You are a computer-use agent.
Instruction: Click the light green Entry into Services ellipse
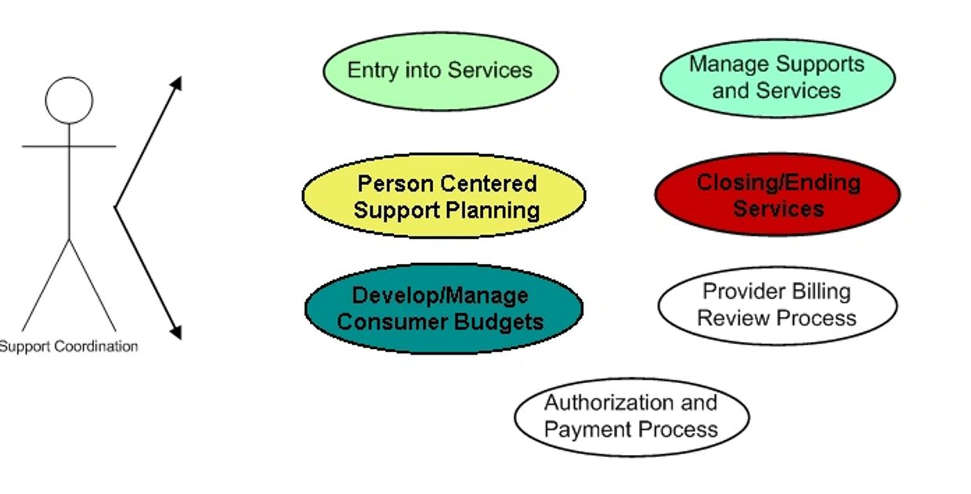(440, 71)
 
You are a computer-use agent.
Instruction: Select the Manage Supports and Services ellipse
(778, 78)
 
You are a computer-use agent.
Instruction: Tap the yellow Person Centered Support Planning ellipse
(444, 196)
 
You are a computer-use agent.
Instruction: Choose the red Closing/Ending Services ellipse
(778, 195)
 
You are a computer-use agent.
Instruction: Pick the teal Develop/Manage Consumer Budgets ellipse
(444, 308)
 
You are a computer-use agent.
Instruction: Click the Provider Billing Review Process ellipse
(778, 305)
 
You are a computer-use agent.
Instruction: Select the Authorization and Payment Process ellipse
(632, 416)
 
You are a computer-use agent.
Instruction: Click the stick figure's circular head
(69, 100)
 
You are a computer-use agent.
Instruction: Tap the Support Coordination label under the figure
(68, 346)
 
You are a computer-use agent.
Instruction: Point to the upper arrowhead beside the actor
(176, 83)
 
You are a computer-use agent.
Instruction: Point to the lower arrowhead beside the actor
(176, 332)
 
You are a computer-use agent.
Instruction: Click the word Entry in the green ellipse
(373, 70)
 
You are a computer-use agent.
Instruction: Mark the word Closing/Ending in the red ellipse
(778, 182)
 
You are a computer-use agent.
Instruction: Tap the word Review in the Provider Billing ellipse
(727, 318)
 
